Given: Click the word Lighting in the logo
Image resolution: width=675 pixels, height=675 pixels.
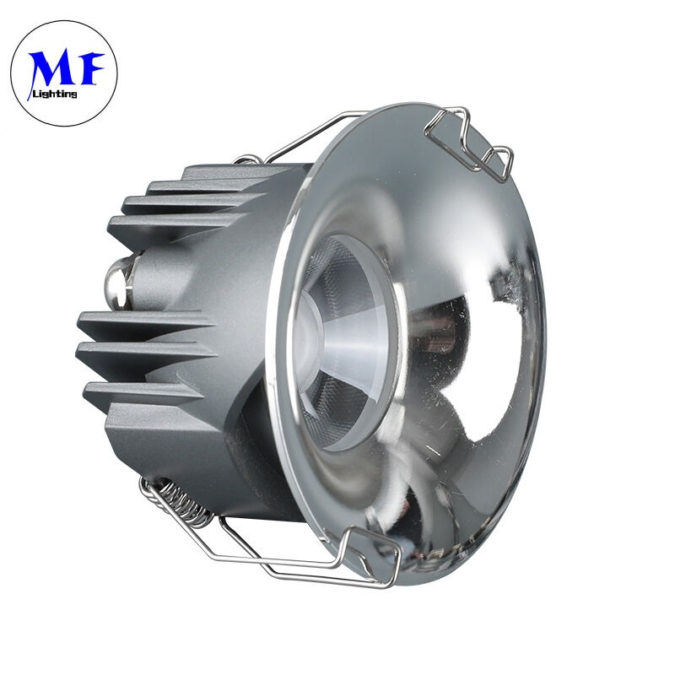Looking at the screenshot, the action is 55,94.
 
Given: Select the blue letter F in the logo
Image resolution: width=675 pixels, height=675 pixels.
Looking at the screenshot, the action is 89,68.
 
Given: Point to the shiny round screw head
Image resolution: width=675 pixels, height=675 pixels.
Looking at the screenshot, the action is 115,282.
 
